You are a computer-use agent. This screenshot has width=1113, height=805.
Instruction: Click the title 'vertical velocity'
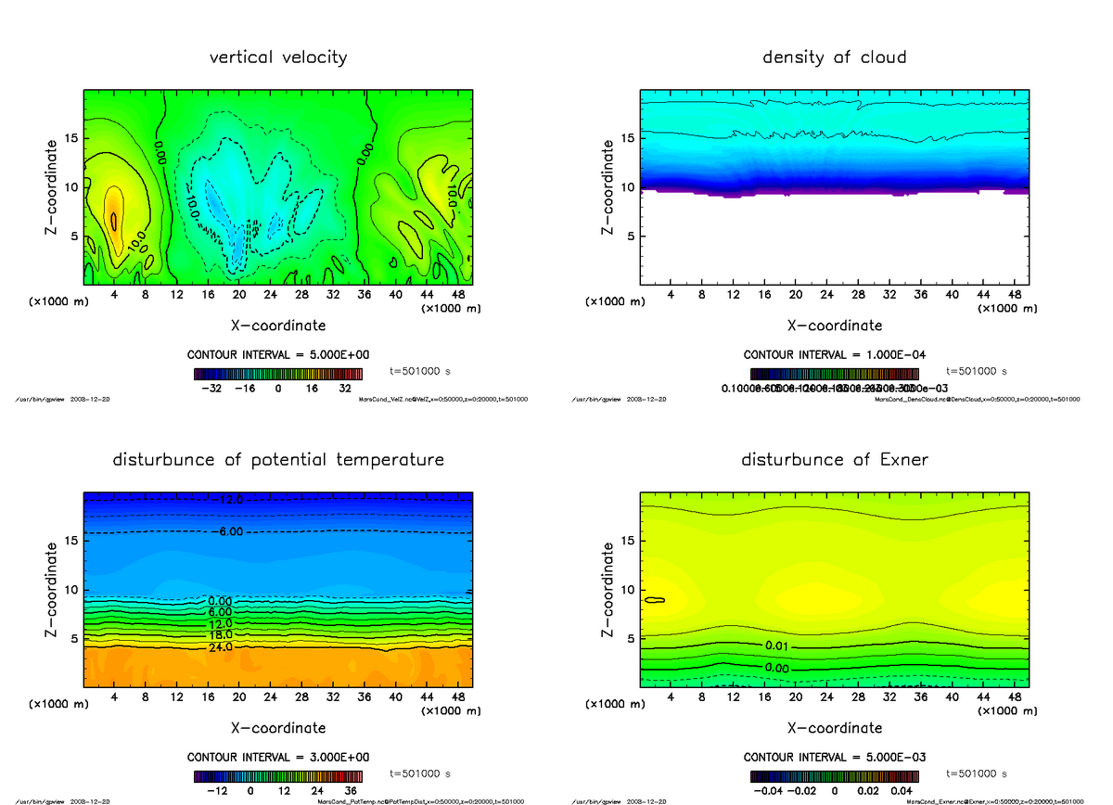[x=278, y=57]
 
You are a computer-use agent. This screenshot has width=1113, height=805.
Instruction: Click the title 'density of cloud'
[x=834, y=57]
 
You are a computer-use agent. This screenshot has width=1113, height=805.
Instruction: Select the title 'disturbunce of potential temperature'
[x=278, y=460]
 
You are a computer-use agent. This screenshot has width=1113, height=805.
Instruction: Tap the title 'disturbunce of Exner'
[x=834, y=460]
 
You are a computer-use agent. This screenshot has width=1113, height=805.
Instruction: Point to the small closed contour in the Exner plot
[x=655, y=600]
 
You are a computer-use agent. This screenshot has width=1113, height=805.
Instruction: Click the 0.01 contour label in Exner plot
[x=778, y=645]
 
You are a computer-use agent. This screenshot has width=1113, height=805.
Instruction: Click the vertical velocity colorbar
[x=277, y=375]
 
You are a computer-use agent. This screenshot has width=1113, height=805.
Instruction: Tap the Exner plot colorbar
[x=834, y=777]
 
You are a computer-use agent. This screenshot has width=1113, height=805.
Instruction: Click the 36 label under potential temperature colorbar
[x=351, y=791]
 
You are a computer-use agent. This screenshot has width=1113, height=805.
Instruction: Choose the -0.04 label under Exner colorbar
[x=767, y=791]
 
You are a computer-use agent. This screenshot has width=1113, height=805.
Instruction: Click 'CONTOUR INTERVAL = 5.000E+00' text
[x=277, y=355]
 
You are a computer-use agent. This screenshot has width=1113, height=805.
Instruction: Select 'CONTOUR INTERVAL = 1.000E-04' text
[x=834, y=355]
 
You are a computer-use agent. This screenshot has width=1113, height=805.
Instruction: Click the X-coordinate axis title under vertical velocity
[x=277, y=326]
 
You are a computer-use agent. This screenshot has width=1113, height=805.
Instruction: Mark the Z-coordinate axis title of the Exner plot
[x=608, y=589]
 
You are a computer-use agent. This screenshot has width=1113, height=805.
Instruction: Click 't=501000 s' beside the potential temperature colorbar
[x=419, y=773]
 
